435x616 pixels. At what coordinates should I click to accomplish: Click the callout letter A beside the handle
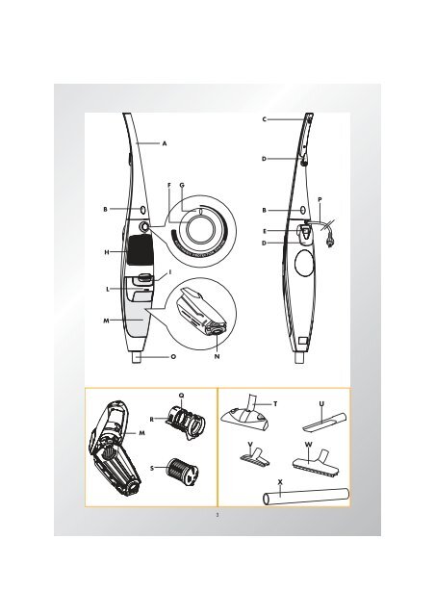click(x=165, y=143)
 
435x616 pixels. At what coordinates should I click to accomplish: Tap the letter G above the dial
click(x=182, y=185)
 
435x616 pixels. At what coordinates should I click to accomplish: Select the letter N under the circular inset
click(x=217, y=356)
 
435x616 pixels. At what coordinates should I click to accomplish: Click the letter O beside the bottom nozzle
click(x=173, y=357)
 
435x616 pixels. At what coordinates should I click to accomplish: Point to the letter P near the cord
click(x=320, y=199)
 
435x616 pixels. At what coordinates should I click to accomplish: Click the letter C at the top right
click(x=265, y=119)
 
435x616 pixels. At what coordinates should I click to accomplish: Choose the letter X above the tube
click(x=280, y=481)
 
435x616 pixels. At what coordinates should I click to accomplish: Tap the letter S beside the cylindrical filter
click(x=152, y=468)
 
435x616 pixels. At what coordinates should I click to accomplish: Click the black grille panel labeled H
click(x=139, y=249)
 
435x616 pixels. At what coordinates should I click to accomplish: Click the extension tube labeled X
click(x=306, y=496)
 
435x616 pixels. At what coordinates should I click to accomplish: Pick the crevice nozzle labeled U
click(x=325, y=422)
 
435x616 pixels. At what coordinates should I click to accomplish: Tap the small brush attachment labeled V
click(x=254, y=455)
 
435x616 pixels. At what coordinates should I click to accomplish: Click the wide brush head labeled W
click(x=316, y=462)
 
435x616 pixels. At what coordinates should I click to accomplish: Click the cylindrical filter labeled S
click(x=181, y=471)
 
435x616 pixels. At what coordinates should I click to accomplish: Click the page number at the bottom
click(x=217, y=515)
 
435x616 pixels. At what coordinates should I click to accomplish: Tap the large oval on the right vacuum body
click(x=304, y=264)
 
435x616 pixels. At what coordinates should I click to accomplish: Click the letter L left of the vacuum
click(x=108, y=290)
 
